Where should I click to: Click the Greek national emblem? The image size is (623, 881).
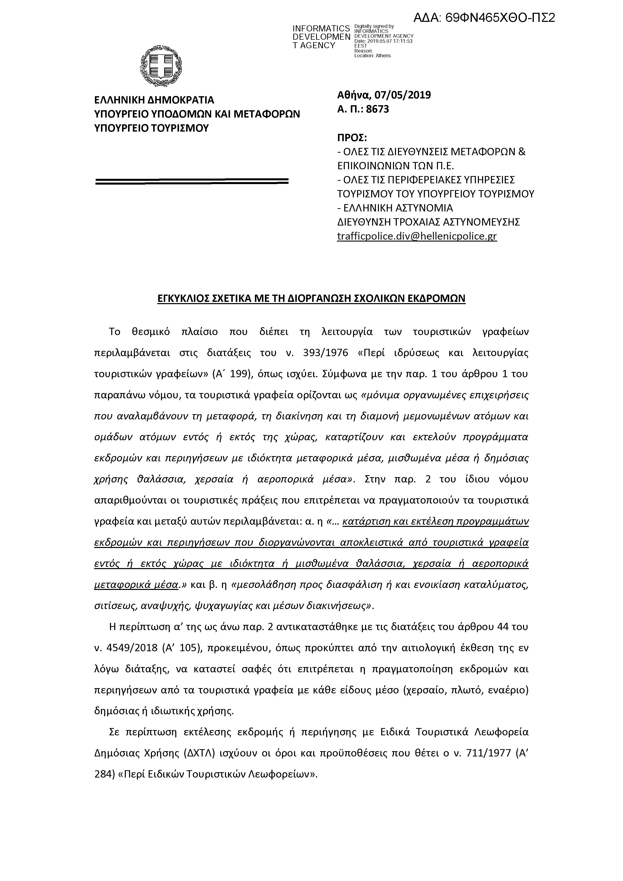coord(161,66)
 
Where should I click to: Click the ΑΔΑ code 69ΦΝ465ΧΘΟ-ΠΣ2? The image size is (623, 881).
coord(484,18)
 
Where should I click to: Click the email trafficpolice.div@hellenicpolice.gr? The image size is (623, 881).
coord(417,236)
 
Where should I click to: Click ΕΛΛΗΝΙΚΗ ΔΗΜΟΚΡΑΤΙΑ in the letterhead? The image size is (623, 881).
coord(154,100)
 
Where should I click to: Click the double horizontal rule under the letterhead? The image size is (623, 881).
coord(192,181)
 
